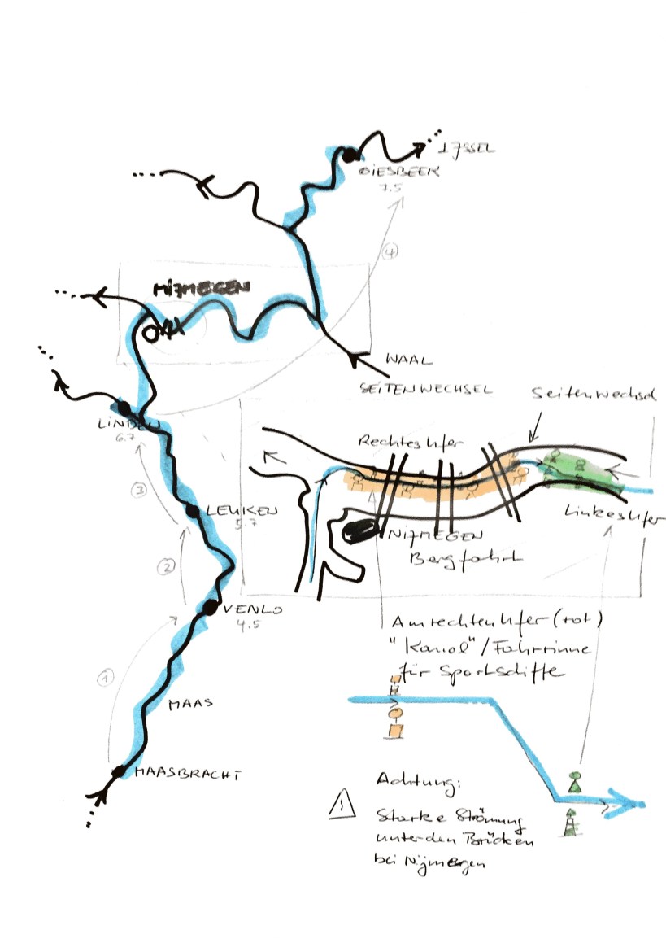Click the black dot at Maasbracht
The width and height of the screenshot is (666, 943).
pyautogui.click(x=119, y=771)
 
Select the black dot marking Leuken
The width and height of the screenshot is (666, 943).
pyautogui.click(x=194, y=511)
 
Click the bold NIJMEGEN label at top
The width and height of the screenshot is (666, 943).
pyautogui.click(x=202, y=290)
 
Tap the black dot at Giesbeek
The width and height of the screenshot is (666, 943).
pyautogui.click(x=349, y=155)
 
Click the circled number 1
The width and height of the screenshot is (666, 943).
pyautogui.click(x=104, y=677)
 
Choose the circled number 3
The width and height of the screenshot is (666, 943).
pyautogui.click(x=140, y=490)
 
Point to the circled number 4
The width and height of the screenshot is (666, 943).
pyautogui.click(x=392, y=253)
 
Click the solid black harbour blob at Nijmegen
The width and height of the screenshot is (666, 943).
pyautogui.click(x=360, y=531)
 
